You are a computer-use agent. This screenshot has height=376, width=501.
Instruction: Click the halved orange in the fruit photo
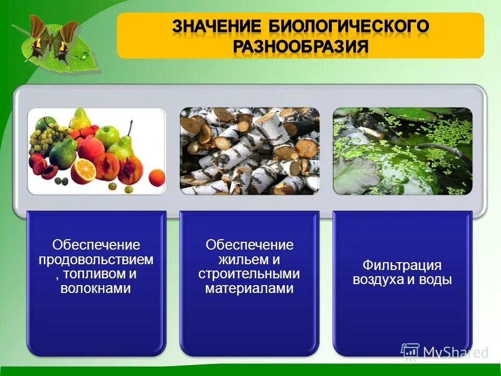click(x=83, y=171)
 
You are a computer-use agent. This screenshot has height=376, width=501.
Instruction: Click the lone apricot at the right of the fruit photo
click(x=156, y=178)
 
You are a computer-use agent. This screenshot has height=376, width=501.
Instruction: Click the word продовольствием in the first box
click(x=96, y=259)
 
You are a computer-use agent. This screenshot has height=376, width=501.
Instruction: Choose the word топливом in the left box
click(x=99, y=274)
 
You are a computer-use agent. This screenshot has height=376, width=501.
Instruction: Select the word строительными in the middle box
click(x=249, y=274)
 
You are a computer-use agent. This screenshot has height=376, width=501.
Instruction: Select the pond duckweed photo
click(x=402, y=151)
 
